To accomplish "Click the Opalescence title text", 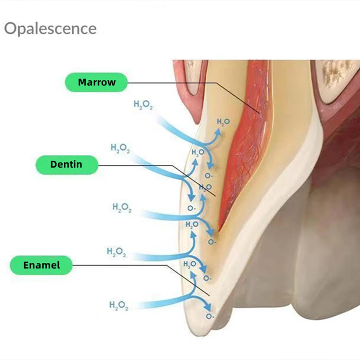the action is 50,29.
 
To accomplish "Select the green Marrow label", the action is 96,82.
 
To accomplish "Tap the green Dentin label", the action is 67,165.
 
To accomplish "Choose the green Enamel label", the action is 41,265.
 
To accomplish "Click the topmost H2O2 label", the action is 143,105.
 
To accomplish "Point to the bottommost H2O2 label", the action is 119,306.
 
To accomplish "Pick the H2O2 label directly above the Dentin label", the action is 120,148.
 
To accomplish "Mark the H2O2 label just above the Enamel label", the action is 116,252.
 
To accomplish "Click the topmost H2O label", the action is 224,122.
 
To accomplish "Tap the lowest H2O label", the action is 190,265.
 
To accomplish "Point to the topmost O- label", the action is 209,176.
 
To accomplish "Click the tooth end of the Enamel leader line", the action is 210,295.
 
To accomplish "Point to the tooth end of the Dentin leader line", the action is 215,196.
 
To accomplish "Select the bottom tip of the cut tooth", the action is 199,336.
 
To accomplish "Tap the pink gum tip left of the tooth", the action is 196,123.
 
